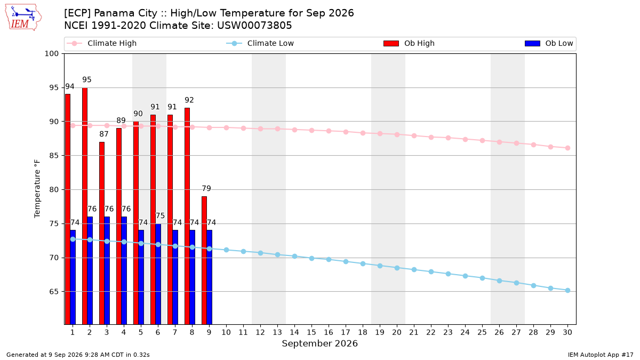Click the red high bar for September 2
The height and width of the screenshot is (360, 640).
(x=85, y=206)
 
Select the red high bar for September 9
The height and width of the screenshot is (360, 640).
(x=204, y=260)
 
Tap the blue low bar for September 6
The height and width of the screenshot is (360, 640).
(x=158, y=274)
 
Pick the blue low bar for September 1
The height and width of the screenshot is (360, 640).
(x=73, y=277)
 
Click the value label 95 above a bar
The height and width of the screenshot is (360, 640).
(x=86, y=79)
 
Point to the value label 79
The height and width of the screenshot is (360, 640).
(x=206, y=189)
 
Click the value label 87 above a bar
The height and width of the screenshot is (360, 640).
(x=103, y=134)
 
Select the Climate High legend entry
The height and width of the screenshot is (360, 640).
(x=102, y=43)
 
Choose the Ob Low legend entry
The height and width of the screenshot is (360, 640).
(x=549, y=43)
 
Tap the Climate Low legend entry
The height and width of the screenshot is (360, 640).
(x=260, y=43)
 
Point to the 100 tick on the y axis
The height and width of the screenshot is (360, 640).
(x=51, y=54)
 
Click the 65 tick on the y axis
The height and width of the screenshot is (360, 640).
(x=54, y=292)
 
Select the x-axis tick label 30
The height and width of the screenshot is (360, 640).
(x=567, y=332)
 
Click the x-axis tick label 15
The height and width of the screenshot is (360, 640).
(x=311, y=332)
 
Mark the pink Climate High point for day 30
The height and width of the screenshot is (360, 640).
(x=567, y=148)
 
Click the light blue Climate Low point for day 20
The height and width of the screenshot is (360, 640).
(x=397, y=268)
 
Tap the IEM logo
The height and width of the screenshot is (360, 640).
(x=23, y=18)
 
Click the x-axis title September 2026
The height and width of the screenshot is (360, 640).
(x=319, y=343)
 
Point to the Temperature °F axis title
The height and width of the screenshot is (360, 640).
(x=37, y=189)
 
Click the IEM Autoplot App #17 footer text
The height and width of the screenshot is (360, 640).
(x=601, y=355)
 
